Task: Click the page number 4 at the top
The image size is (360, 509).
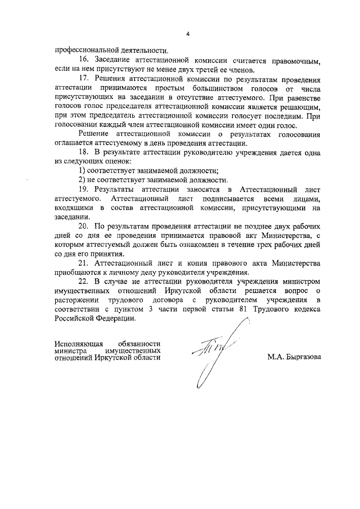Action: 187,33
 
